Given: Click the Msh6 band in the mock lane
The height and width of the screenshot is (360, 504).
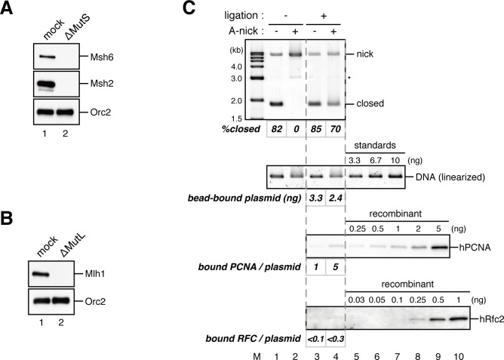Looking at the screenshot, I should pos(46,56).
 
